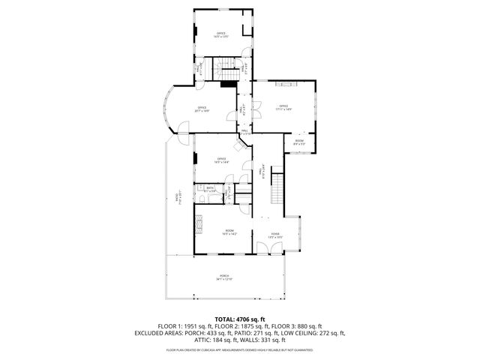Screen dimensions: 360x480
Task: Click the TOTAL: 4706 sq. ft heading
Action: click(x=240, y=319)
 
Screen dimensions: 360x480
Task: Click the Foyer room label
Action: click(x=276, y=235)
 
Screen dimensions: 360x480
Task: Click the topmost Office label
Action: click(x=221, y=34)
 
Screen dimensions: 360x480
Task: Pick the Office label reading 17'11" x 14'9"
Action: click(x=283, y=106)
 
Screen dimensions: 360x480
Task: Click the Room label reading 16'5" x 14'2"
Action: click(x=229, y=232)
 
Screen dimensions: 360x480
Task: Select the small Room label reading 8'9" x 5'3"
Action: click(x=299, y=142)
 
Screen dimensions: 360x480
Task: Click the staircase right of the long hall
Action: click(x=277, y=187)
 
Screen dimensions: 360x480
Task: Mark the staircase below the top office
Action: click(x=224, y=72)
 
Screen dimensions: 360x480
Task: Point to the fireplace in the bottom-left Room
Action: click(x=199, y=222)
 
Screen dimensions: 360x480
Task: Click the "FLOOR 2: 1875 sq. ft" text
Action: click(x=239, y=326)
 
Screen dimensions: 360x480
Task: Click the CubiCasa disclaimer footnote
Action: click(x=240, y=350)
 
